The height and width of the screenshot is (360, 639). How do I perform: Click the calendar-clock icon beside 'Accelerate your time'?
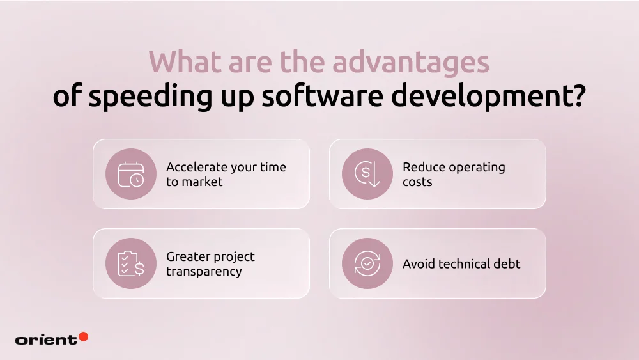pos(131,174)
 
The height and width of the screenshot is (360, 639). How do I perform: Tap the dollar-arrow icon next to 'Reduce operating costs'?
pos(367,174)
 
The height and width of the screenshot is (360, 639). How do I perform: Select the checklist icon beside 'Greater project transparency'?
pos(131,263)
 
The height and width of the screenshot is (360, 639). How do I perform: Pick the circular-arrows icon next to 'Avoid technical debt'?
pos(367,263)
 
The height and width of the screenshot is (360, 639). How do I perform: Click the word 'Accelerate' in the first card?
pos(197,167)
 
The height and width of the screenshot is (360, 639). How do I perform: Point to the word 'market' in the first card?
pos(203,182)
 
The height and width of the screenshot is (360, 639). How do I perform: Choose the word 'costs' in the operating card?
pos(417,182)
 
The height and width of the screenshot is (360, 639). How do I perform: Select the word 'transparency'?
pos(204,271)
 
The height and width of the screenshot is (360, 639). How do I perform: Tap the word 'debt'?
pos(507,263)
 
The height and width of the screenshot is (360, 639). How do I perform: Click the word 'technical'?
pos(464,263)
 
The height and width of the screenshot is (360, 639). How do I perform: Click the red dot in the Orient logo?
pos(84,337)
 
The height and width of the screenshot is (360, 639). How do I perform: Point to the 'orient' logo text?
pos(45,340)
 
